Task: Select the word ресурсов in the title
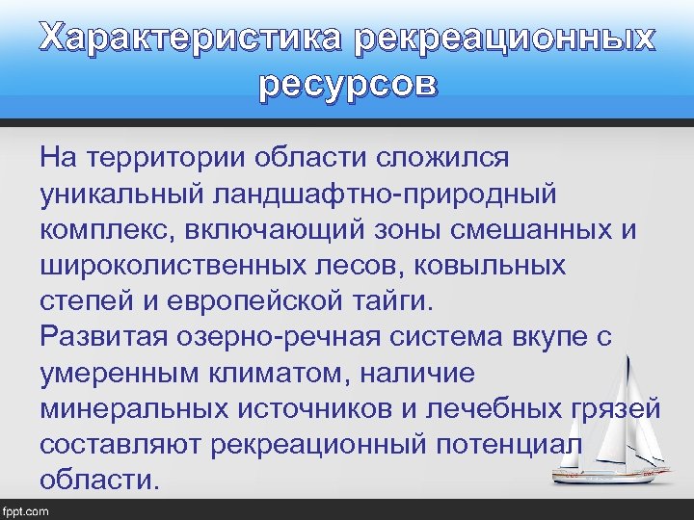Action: [x=347, y=85]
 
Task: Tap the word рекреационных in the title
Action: [x=505, y=39]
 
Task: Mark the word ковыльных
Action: [x=485, y=266]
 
